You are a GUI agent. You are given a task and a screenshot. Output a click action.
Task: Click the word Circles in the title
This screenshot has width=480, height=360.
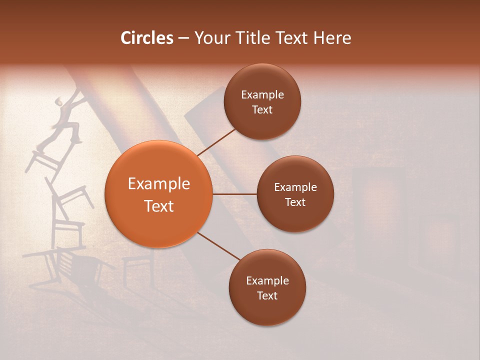pos(146,38)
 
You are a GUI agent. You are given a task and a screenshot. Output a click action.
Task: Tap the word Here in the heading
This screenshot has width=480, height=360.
pos(332,38)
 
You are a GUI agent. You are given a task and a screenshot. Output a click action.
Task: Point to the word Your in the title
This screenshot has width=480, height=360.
pos(211,38)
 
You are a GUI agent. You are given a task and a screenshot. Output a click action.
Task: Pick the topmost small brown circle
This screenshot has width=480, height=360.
pos(262,101)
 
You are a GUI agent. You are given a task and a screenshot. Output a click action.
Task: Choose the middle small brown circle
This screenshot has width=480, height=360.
pos(295,194)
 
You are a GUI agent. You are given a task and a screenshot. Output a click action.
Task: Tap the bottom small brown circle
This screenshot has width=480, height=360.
pos(267,287)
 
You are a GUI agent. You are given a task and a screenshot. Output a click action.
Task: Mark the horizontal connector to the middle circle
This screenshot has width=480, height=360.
pos(234,194)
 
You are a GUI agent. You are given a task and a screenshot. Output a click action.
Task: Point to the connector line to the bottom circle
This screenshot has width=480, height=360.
pos(219,246)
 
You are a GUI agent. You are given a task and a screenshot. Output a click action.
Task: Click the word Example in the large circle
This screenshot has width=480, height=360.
pos(158,184)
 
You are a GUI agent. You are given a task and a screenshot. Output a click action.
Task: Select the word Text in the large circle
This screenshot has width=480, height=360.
pos(158,206)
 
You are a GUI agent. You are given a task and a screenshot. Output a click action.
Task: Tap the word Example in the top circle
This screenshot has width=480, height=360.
pos(262,94)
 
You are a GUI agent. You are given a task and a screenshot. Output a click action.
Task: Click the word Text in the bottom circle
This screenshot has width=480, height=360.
pos(267,295)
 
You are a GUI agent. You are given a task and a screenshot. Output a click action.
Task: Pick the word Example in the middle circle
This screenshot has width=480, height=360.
pos(295,187)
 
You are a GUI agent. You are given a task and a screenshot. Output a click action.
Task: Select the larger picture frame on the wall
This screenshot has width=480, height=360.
pos(378,205)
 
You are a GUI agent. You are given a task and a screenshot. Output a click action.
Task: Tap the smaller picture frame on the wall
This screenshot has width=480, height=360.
pos(439,240)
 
